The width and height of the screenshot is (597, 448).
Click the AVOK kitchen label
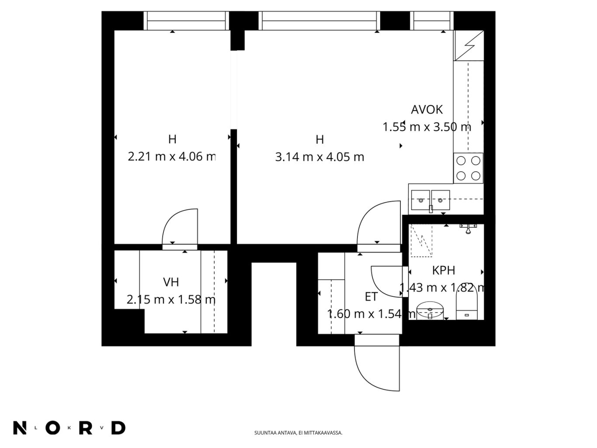click(x=426, y=110)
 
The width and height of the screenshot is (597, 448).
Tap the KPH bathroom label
click(x=443, y=271)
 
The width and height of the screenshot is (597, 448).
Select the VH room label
click(x=171, y=282)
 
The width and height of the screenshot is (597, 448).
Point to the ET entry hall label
click(x=371, y=297)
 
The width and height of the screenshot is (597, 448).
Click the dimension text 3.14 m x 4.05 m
click(x=319, y=157)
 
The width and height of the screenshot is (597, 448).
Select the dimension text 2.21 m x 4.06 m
click(x=172, y=156)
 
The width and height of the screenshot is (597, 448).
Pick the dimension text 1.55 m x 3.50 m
click(x=427, y=127)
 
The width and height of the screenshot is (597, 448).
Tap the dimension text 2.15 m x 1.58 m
click(x=171, y=300)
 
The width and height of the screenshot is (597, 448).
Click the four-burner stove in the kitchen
click(x=468, y=168)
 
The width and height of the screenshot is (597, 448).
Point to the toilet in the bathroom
click(x=466, y=306)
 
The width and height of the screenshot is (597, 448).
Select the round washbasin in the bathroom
click(x=430, y=310)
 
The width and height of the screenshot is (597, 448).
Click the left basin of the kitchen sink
click(x=420, y=200)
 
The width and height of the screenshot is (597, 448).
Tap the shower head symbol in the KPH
click(x=468, y=229)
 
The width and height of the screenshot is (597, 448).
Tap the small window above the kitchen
click(x=432, y=21)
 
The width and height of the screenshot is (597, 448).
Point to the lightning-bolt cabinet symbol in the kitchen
click(x=469, y=45)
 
